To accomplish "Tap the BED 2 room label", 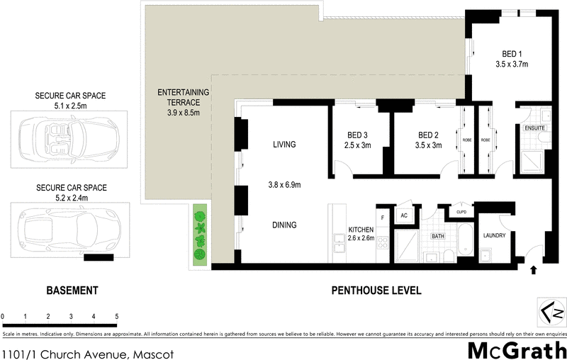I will click(429, 135).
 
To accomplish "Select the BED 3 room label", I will click(358, 135).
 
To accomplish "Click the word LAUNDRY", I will click(493, 235).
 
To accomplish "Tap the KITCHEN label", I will click(361, 230).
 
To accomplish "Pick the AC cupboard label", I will click(404, 215).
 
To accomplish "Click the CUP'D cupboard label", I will click(461, 212).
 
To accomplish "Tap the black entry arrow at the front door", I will click(534, 269).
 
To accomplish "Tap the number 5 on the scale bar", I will click(116, 316).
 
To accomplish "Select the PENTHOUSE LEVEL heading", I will click(376, 291).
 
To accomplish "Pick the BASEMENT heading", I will click(72, 291).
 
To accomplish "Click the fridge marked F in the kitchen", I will click(383, 218).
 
